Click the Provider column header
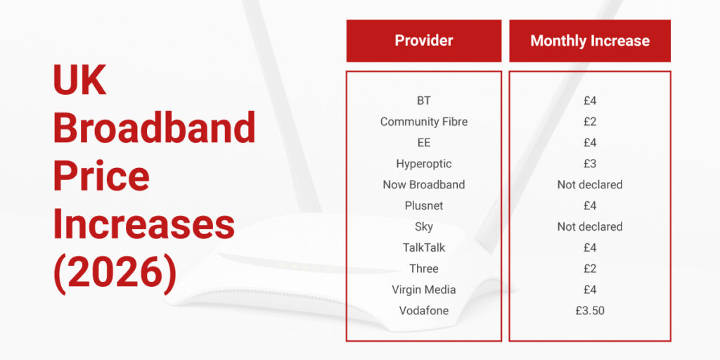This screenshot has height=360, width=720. tap(423, 41)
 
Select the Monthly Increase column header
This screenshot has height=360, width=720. tap(589, 41)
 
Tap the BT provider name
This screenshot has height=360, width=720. tap(423, 101)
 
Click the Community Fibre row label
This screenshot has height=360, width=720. tap(423, 122)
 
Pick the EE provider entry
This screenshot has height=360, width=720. tap(423, 143)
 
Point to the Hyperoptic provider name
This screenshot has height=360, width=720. tap(423, 164)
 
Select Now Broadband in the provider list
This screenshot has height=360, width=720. tap(423, 185)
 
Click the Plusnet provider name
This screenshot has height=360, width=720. tap(423, 206)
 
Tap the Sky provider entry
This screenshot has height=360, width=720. tap(423, 226)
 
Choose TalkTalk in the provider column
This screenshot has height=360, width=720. tap(423, 247)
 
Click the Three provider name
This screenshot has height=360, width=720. tap(423, 269)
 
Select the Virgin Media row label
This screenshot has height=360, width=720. tap(423, 290)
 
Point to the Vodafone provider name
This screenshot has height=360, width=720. tap(423, 311)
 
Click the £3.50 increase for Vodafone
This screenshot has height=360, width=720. tap(589, 311)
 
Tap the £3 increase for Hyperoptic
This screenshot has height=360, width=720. tap(589, 164)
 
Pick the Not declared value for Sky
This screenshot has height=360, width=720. tap(589, 226)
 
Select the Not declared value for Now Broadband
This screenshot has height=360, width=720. tap(589, 185)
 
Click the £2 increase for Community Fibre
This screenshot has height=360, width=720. tap(589, 122)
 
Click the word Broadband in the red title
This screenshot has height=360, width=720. tap(154, 128)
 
